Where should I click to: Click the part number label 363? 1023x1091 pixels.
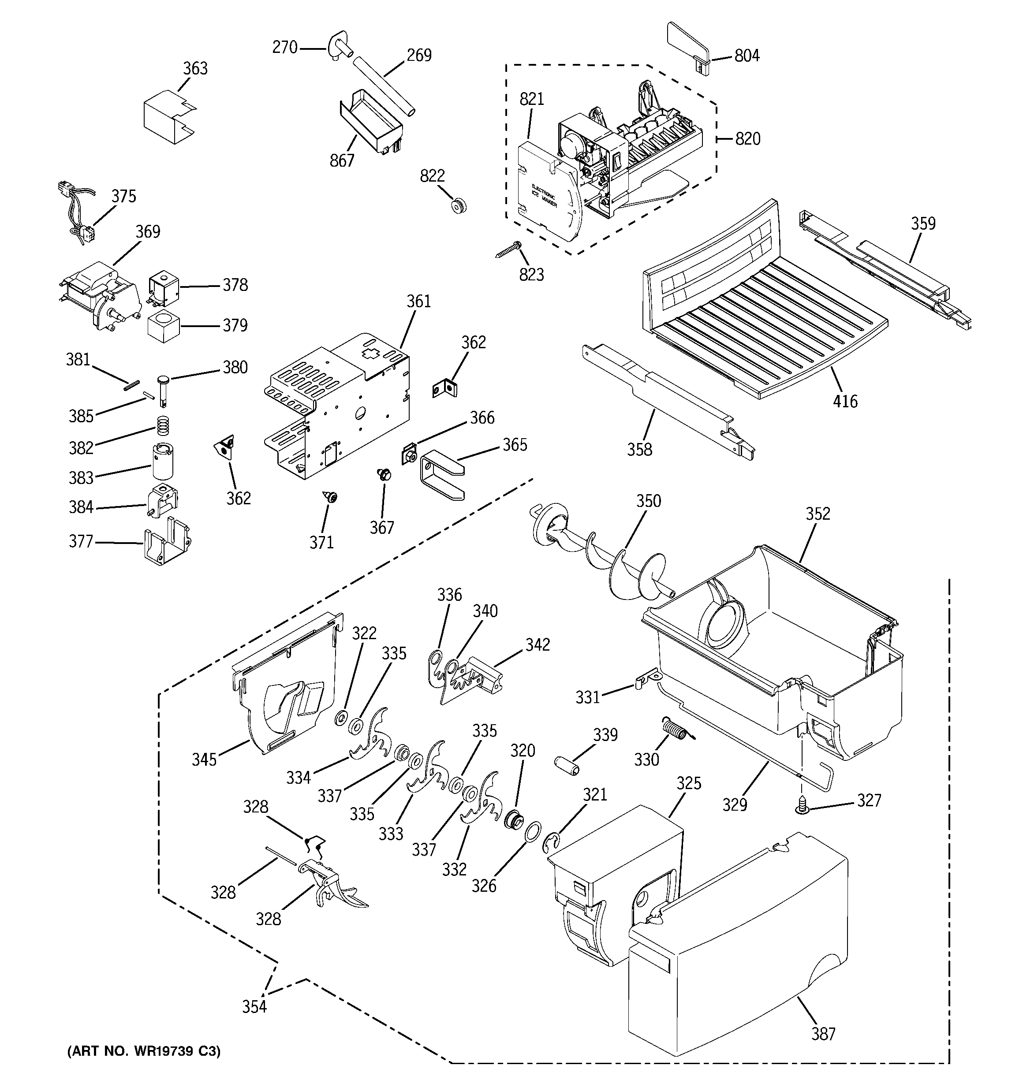[x=195, y=69]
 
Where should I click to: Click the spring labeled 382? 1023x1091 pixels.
[x=161, y=424]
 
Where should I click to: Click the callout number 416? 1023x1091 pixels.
[x=844, y=402]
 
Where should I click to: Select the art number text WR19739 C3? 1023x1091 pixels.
[x=144, y=1051]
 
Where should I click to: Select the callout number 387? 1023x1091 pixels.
[x=823, y=1034]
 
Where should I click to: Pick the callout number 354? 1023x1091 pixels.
[x=254, y=1007]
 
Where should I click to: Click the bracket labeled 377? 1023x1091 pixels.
[x=165, y=544]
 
